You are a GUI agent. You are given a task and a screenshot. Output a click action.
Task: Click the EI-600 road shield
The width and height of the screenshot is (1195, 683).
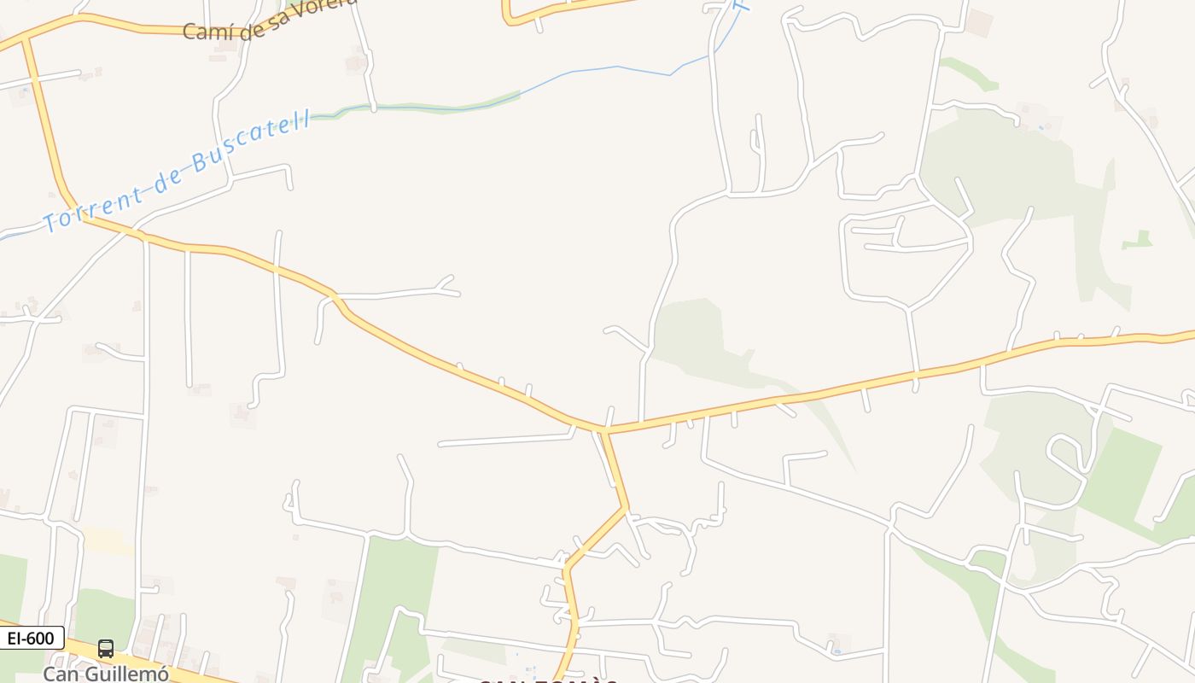coord(32,638)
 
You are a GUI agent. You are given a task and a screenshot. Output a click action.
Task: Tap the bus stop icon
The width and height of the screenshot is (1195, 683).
coord(106,649)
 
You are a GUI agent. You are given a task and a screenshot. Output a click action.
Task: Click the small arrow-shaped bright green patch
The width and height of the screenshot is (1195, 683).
coord(1138,242)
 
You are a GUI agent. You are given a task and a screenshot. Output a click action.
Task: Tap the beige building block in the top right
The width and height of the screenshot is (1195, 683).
coord(980,22)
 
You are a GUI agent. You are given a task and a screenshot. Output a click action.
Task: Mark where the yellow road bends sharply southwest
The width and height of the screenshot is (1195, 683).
coord(625,510)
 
